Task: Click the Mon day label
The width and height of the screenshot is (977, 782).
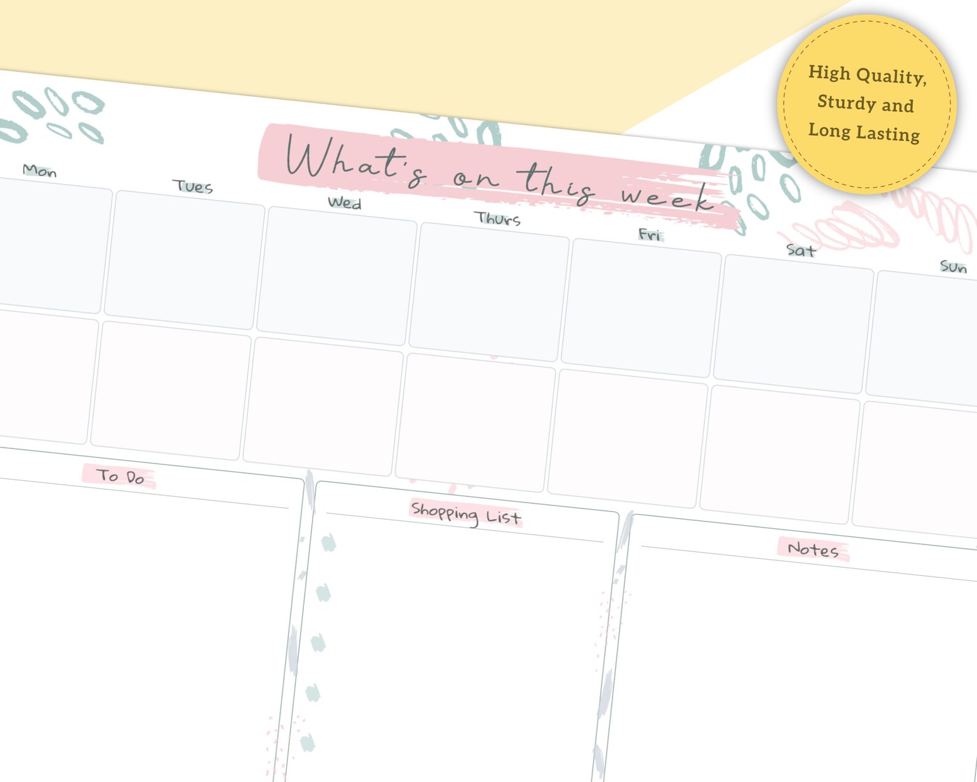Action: tap(39, 171)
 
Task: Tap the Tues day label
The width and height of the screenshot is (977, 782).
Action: tap(193, 187)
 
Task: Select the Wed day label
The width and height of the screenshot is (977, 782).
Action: tap(344, 203)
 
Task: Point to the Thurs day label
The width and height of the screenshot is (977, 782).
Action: tap(497, 219)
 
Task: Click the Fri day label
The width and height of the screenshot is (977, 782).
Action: tap(650, 235)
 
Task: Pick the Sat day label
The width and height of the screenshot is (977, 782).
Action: tap(801, 251)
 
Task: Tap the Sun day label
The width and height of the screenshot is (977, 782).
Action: tap(953, 267)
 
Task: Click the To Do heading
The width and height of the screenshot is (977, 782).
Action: tap(120, 476)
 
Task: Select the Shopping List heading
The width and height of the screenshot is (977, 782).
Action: tap(466, 514)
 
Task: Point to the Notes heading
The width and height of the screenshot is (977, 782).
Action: tap(813, 549)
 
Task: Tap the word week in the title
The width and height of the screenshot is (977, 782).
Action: tap(668, 198)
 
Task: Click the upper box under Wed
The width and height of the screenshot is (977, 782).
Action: tap(337, 275)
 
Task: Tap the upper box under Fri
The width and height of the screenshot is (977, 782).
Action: tap(641, 307)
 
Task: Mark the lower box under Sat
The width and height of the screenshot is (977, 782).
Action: tap(780, 454)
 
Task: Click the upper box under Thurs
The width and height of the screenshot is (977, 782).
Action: tap(489, 291)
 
